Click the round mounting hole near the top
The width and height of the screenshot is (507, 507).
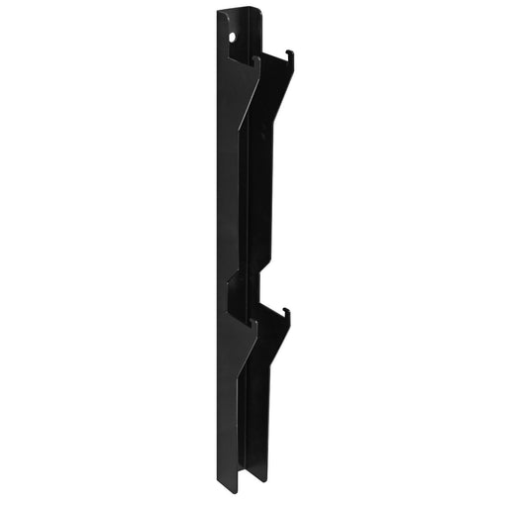[x=233, y=37]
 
